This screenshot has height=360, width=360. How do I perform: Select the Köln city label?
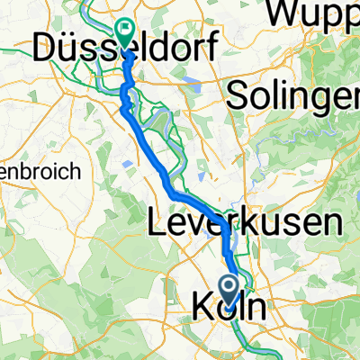coord(229,307)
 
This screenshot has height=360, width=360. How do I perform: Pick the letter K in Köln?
coord(204,307)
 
